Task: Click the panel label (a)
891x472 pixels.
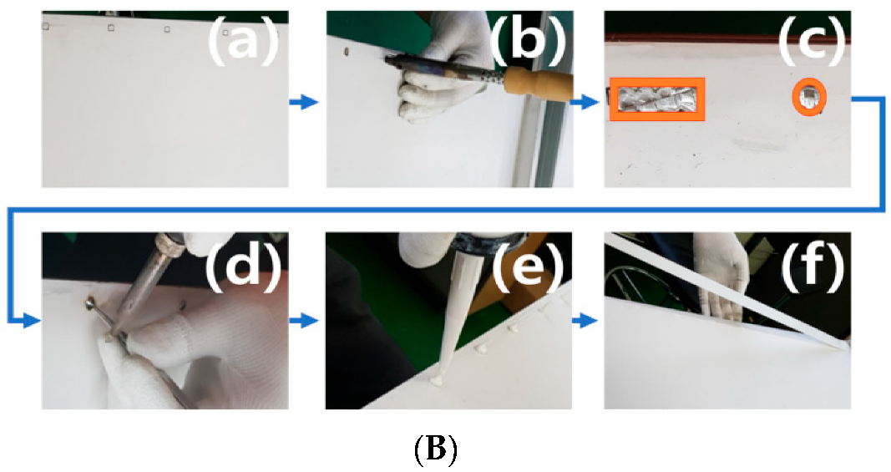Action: point(243,42)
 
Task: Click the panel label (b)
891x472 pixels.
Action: point(528,41)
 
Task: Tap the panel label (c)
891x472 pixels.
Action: point(812,42)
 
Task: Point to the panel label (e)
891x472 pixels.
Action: point(528,266)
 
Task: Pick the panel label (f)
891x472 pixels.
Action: point(813,266)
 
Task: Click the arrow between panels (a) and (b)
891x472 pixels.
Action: point(303,103)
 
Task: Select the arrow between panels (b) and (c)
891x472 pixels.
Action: point(585,103)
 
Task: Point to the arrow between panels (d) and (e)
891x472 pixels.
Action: point(303,322)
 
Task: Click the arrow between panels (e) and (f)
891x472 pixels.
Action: point(585,322)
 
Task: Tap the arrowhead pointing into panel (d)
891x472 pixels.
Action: point(33,322)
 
